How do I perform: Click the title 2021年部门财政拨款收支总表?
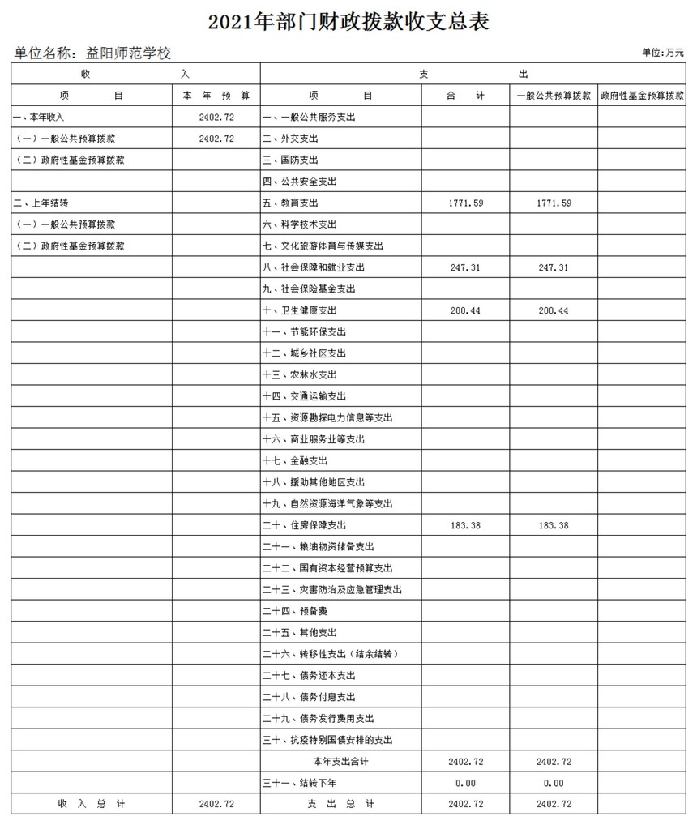click(348, 20)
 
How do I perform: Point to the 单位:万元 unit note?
click(662, 53)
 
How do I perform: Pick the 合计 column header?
click(465, 96)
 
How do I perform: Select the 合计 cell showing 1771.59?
click(465, 203)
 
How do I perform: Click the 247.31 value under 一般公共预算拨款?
click(554, 267)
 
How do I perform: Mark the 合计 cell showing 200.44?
click(465, 310)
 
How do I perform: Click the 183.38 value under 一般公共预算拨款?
click(554, 525)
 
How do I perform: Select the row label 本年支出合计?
click(340, 762)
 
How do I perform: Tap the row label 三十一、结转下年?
click(300, 783)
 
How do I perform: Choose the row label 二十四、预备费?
click(295, 611)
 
